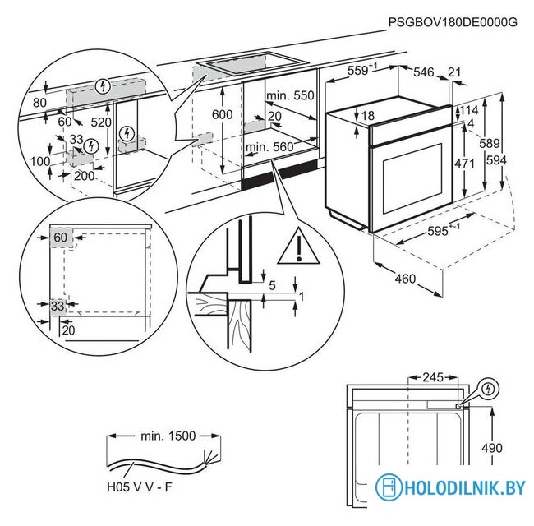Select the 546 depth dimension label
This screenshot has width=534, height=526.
422,73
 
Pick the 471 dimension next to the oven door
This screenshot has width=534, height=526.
466,163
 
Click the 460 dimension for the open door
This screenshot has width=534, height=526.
405,279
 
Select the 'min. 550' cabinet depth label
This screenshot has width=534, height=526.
290,96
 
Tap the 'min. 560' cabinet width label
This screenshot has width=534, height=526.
269,147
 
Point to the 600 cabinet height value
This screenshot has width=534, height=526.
223,115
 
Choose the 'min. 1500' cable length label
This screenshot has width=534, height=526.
168,436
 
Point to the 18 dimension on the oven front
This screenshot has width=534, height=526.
367,115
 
